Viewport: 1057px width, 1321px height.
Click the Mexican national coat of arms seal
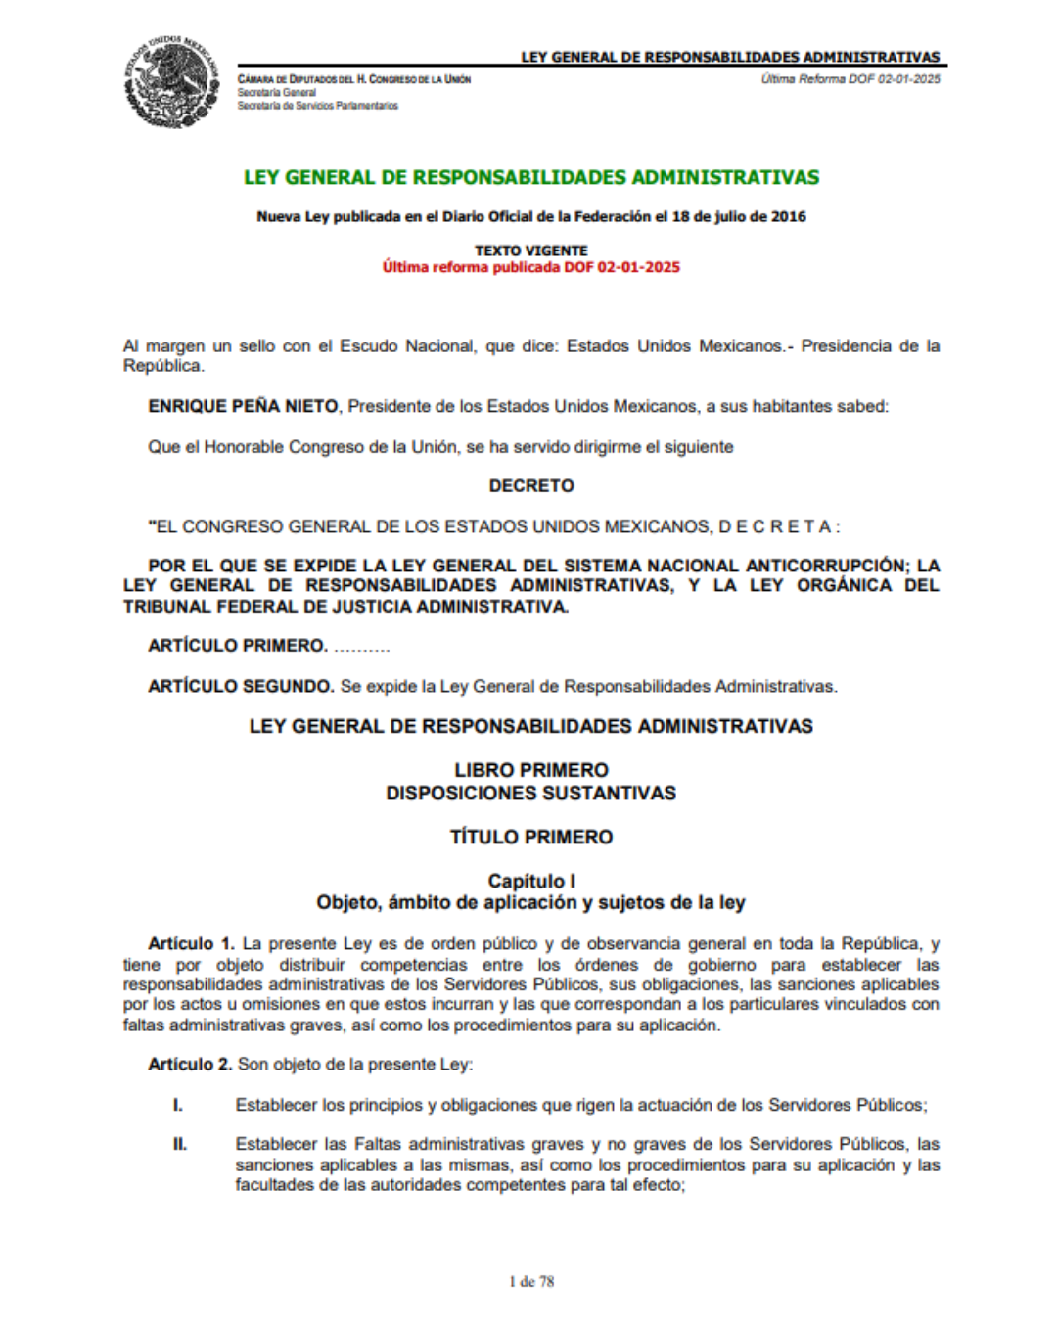(171, 82)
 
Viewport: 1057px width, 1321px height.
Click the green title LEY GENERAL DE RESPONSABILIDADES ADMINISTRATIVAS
(531, 178)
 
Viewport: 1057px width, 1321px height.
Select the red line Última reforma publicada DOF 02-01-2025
(531, 267)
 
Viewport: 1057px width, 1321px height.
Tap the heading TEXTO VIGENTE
(531, 251)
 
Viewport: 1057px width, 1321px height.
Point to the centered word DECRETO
(531, 486)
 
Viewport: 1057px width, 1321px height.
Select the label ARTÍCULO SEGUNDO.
(241, 687)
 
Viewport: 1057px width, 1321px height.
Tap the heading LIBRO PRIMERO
(531, 770)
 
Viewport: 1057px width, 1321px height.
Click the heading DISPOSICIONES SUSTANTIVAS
(531, 793)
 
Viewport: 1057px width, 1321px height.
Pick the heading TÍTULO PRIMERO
(531, 837)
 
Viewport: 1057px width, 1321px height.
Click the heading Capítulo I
(531, 881)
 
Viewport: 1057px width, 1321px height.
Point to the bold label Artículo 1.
(191, 944)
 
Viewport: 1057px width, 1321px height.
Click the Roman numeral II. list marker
(180, 1144)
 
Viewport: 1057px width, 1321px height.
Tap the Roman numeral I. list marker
(178, 1105)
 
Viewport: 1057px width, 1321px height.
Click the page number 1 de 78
(531, 1282)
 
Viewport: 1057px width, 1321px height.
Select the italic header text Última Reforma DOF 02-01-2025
(850, 79)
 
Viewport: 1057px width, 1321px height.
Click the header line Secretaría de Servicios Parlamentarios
(317, 106)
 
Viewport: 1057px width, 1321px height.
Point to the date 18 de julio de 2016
(739, 217)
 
